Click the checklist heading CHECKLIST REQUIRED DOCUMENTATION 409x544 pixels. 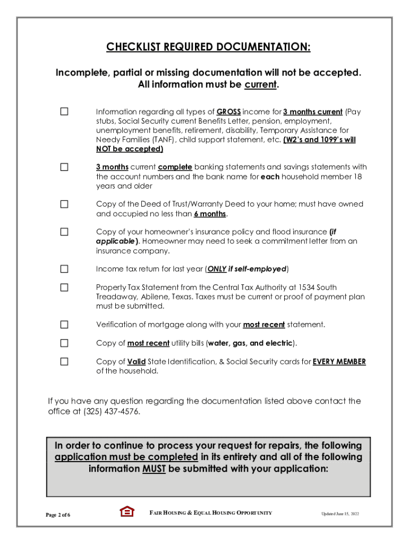pos(208,47)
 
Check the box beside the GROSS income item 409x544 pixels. pos(64,112)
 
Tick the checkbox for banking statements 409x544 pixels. pos(64,167)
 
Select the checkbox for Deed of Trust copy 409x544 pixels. pos(64,204)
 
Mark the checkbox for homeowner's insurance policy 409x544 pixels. pos(64,232)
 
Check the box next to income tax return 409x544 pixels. pos(64,269)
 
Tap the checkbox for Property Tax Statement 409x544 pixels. pos(64,287)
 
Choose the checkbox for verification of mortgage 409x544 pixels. pos(64,325)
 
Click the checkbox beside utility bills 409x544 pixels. pos(64,343)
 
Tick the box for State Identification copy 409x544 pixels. pos(64,362)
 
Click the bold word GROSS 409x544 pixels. pos(229,112)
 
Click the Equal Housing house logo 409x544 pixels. pos(127,512)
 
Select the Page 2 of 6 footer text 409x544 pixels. pos(58,515)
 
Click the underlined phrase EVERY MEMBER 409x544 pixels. pos(339,362)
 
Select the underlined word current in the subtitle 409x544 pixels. pos(260,84)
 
